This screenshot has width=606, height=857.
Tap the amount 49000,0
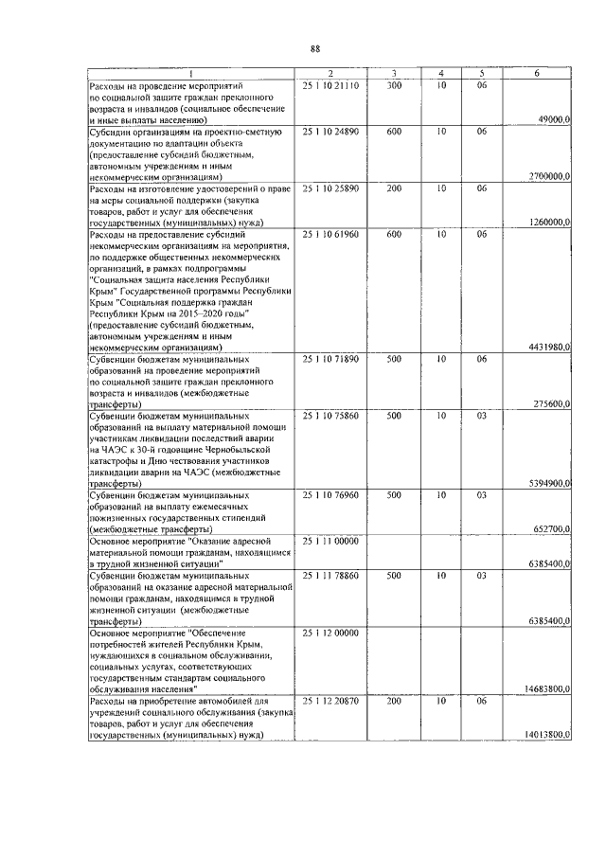[552, 119]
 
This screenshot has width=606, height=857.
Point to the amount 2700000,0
[547, 176]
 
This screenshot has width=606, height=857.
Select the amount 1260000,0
[547, 222]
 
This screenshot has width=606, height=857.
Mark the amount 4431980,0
[547, 348]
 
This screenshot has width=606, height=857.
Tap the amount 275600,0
[550, 404]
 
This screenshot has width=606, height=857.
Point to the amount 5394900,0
[547, 484]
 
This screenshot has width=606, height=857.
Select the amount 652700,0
[550, 529]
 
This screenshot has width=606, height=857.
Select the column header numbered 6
[536, 73]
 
